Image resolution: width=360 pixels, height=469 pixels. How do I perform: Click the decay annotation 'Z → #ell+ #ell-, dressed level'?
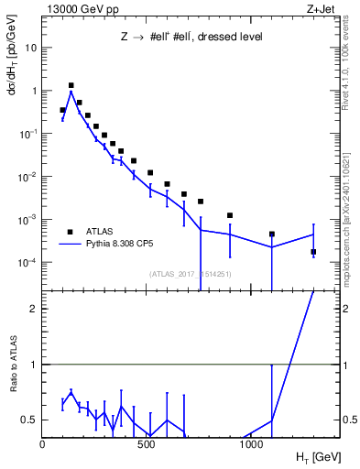191,38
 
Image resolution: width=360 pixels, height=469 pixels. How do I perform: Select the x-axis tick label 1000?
252,444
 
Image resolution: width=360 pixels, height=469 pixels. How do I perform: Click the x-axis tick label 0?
43,444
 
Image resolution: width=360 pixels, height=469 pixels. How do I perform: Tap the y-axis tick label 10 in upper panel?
31,48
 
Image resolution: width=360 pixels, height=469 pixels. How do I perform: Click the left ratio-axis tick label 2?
34,309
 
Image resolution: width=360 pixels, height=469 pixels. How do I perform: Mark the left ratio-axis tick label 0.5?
30,420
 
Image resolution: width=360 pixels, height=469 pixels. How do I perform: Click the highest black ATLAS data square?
71,85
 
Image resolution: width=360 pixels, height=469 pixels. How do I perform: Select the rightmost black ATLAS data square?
313,252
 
